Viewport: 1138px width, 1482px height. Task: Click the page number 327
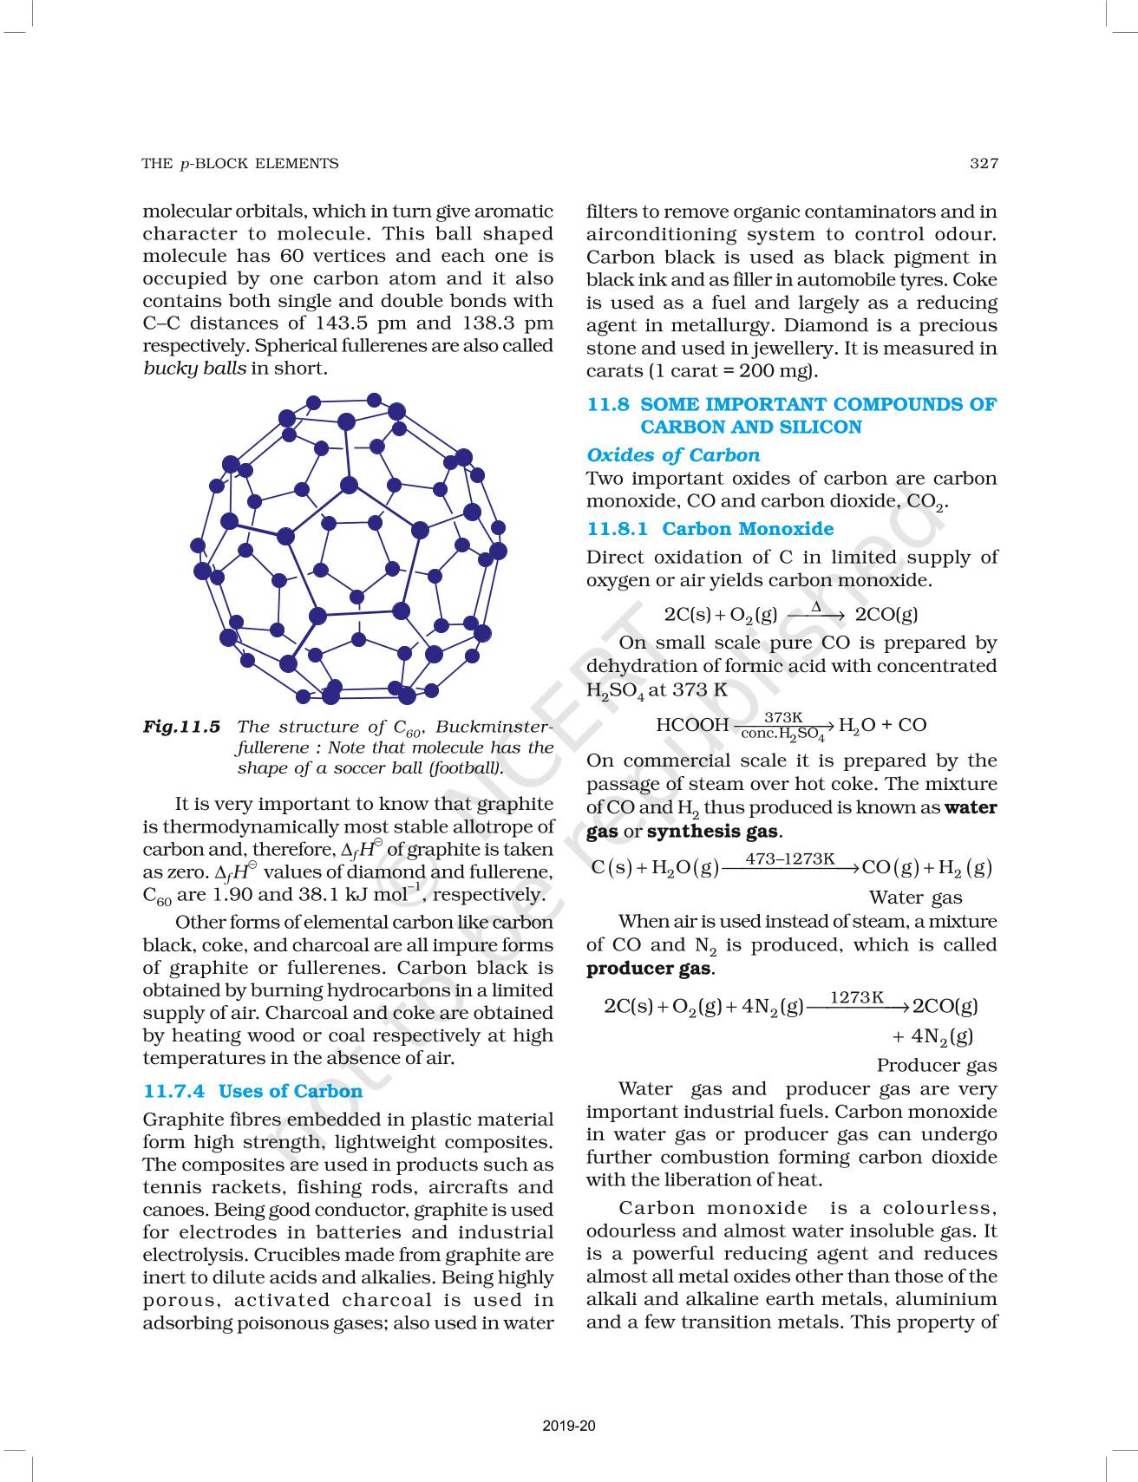(984, 163)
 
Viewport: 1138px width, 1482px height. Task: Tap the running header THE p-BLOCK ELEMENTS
(240, 163)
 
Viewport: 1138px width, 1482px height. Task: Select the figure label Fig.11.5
(181, 727)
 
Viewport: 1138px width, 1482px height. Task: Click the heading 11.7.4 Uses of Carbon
(252, 1091)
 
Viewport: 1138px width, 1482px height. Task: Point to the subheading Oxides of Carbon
(673, 455)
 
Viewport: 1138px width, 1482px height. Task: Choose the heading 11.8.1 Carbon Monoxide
(710, 529)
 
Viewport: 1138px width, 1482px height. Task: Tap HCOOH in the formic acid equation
(692, 725)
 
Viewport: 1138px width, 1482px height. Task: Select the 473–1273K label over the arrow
(790, 859)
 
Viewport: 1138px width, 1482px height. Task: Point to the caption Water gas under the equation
(915, 898)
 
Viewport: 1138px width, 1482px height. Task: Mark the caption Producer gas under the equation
(936, 1065)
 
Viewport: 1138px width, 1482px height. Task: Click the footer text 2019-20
(569, 1426)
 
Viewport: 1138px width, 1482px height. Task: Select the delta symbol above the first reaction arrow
(816, 606)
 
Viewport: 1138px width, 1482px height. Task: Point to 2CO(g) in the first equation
(886, 615)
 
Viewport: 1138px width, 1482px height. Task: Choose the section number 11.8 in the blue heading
(607, 404)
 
